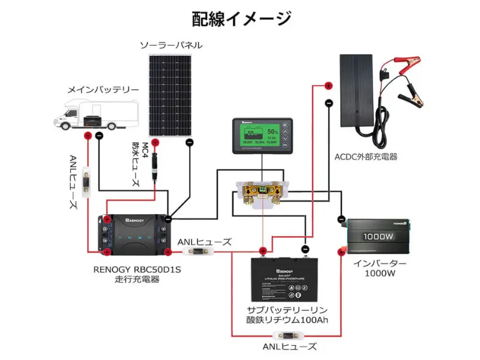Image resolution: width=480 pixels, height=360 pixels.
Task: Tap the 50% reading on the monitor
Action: point(273,131)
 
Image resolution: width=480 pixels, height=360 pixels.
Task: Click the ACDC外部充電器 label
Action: point(366,157)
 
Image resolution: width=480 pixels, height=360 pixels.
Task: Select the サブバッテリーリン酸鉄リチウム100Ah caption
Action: point(287,314)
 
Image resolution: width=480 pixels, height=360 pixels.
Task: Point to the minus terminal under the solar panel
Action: point(190,142)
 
